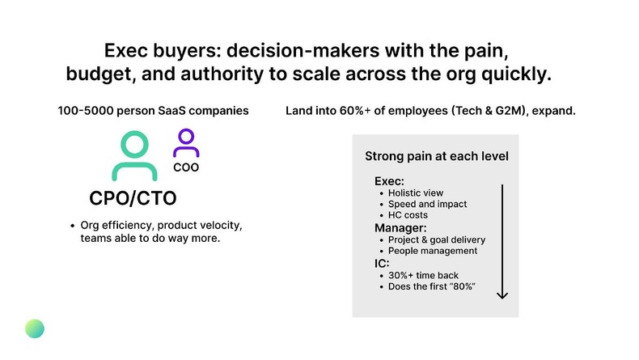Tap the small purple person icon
pos(186,144)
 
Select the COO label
pos(186,168)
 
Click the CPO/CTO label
pos(133,199)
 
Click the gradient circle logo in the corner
pos(35,328)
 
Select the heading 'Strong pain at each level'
pos(436,156)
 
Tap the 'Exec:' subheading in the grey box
pos(391,182)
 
